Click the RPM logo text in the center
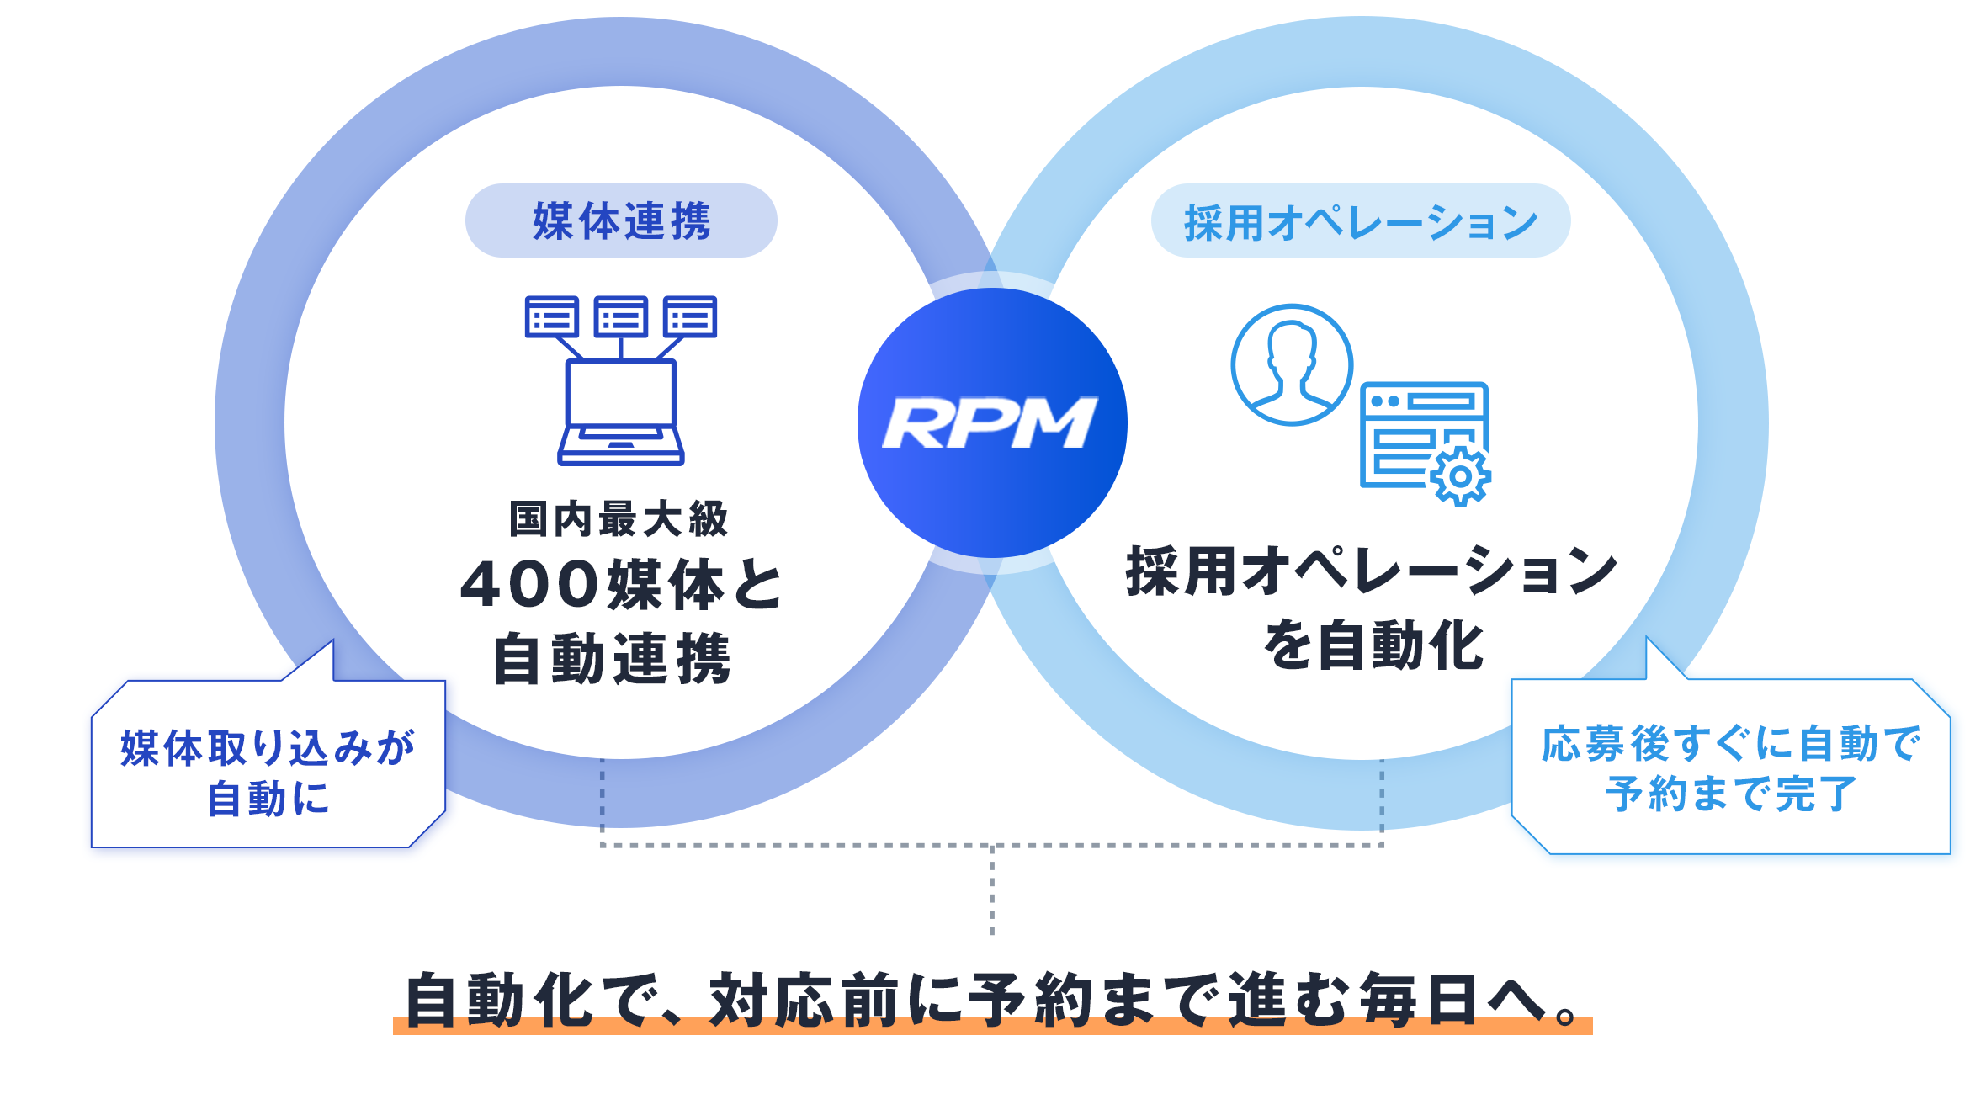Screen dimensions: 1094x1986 (x=990, y=422)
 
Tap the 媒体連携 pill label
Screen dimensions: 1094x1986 (x=621, y=221)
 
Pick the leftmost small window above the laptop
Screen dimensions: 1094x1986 (x=552, y=316)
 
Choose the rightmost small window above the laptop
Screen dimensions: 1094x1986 (x=690, y=316)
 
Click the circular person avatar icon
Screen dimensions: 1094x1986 (x=1292, y=365)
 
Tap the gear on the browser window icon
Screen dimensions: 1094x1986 (x=1460, y=476)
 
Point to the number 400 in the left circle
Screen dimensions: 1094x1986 (x=530, y=585)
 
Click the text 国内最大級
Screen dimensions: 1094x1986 (x=619, y=519)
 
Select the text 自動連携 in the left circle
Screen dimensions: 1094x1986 (x=612, y=659)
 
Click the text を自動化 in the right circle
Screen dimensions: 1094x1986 (x=1373, y=646)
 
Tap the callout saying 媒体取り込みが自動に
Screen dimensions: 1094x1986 (x=268, y=771)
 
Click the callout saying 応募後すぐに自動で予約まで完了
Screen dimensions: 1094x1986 (x=1730, y=767)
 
